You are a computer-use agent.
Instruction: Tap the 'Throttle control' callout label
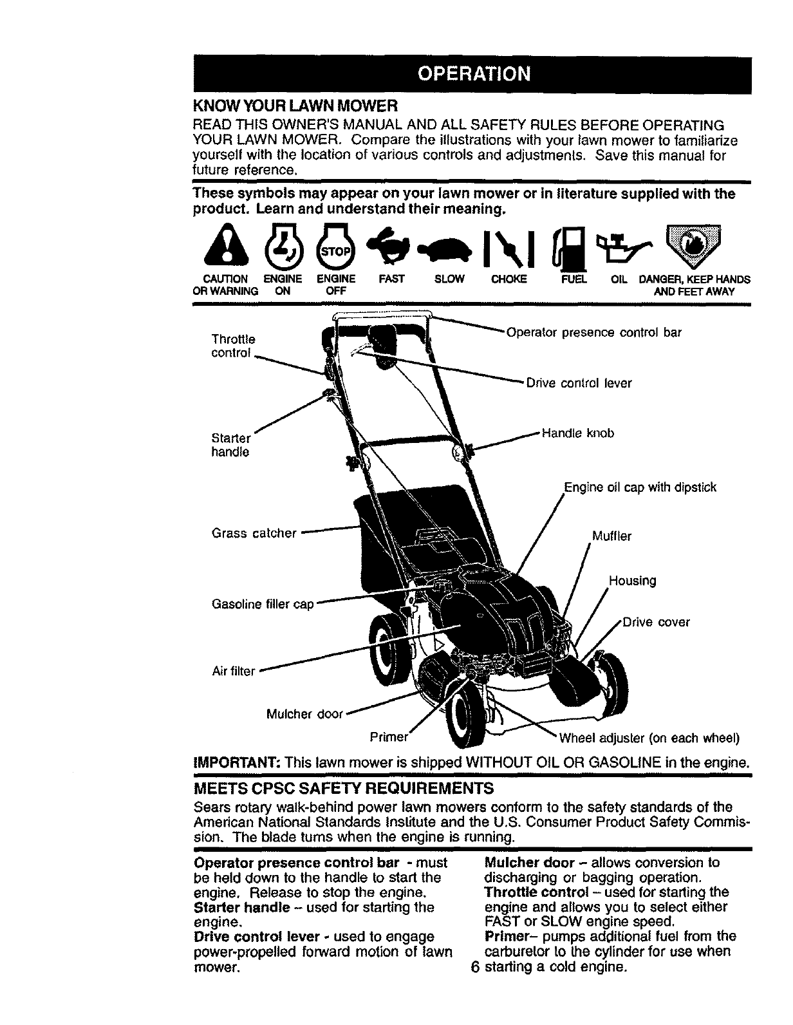click(x=233, y=346)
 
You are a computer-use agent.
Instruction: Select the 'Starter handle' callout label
click(x=230, y=445)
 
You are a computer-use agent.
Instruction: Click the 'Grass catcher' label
click(x=254, y=533)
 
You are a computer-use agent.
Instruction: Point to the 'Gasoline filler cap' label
click(x=263, y=605)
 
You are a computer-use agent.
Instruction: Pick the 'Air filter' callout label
click(x=234, y=671)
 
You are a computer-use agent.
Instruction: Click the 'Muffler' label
click(x=611, y=536)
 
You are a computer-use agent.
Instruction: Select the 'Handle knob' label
click(x=578, y=433)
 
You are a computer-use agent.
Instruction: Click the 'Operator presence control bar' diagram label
click(x=593, y=333)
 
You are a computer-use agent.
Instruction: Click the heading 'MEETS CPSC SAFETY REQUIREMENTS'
click(x=343, y=787)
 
